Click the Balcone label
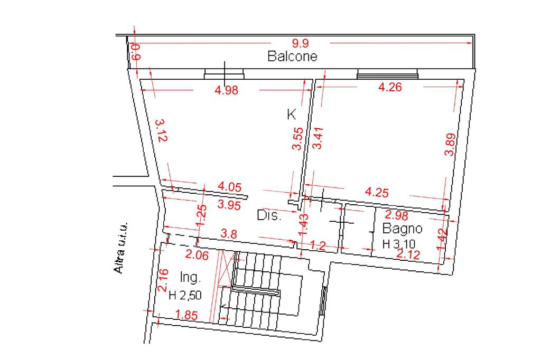292,56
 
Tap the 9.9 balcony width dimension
300,43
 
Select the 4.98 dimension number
226,90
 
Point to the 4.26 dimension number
390,87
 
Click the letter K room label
291,114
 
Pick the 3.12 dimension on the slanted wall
162,130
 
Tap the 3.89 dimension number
450,145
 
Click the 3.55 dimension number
298,139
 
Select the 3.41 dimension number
318,138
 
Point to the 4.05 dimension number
230,187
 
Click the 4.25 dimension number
377,192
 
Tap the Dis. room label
269,215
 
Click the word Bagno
402,228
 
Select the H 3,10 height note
399,244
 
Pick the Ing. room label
190,277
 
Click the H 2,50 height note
185,295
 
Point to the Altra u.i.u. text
121,248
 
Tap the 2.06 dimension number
197,255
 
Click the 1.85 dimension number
186,315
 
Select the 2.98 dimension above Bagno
396,215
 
